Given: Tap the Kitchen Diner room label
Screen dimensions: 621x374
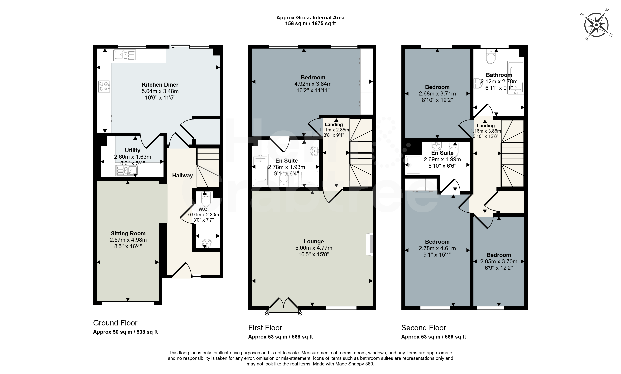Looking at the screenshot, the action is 160,85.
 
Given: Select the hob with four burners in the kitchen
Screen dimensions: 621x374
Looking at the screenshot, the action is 104,86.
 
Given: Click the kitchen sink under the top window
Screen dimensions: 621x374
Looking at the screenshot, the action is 125,55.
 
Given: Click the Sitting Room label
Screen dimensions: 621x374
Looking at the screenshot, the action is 128,233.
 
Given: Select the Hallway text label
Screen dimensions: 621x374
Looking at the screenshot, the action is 183,176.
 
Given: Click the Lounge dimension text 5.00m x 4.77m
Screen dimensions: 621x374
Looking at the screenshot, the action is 314,248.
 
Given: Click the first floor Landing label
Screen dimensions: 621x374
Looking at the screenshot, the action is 334,125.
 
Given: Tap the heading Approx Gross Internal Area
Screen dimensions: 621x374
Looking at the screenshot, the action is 310,18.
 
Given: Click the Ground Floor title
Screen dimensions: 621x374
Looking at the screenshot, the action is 115,323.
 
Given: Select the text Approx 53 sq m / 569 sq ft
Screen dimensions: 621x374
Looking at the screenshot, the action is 433,337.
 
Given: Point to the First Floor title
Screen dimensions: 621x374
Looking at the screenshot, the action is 265,328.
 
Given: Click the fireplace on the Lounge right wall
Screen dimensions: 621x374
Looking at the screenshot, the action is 369,244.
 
